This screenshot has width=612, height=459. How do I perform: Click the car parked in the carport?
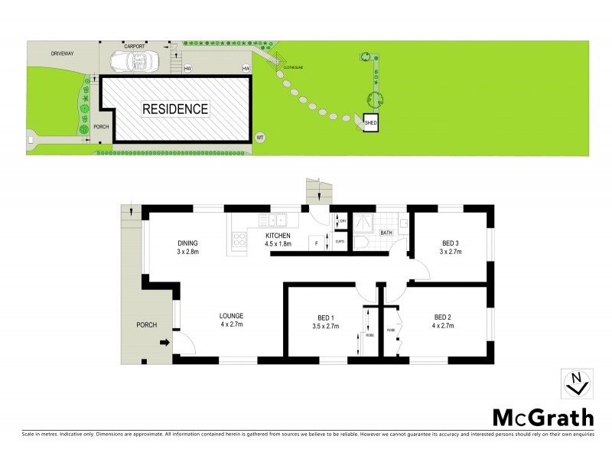coord(133,60)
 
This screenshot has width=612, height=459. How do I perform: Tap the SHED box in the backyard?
coord(371,122)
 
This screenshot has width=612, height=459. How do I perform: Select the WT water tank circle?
coord(260,137)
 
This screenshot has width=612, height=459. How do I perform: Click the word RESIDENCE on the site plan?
coord(175,109)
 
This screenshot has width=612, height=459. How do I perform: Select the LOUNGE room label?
coord(231,315)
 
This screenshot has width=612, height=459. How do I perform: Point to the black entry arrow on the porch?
coord(164,343)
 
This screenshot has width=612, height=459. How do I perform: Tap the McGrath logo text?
coord(542,418)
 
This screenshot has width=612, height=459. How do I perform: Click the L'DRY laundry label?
coord(342,222)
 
